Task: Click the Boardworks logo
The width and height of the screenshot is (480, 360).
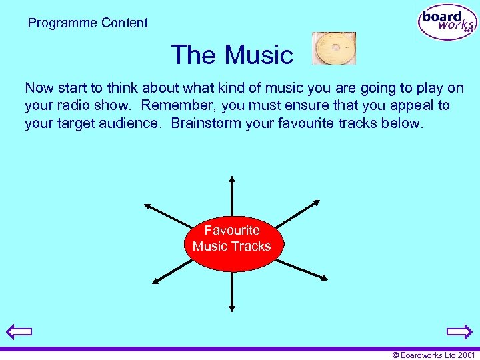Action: (x=447, y=23)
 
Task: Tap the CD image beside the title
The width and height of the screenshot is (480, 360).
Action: (x=334, y=49)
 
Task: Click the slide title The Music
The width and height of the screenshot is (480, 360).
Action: (x=232, y=55)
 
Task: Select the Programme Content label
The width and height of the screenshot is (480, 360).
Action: (x=88, y=23)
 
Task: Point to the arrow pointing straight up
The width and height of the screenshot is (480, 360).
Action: (x=232, y=196)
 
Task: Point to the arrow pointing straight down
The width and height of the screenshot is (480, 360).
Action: (x=232, y=291)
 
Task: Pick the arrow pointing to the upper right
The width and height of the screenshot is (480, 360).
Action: (x=297, y=215)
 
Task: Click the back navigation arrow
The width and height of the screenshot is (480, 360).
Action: (x=18, y=331)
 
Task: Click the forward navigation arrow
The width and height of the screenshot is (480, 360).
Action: (x=459, y=331)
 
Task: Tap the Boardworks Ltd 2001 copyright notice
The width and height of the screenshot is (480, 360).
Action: (x=433, y=355)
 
